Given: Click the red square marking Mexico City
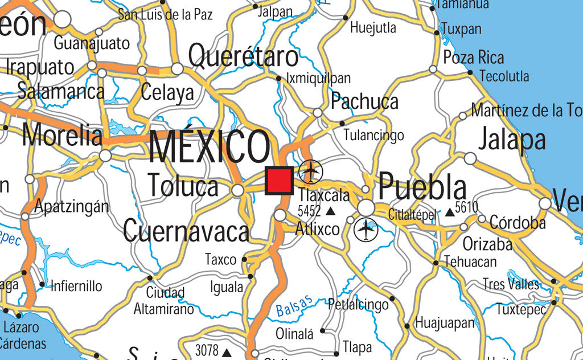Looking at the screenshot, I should point(279,181).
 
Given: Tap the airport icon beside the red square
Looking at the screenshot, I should point(311,171).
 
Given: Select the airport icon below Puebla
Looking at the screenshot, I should point(366,230).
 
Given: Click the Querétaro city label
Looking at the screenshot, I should point(243,57).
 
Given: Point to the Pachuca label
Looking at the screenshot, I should point(364,101).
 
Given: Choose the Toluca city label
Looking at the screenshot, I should point(183,186).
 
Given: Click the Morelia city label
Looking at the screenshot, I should point(63,136).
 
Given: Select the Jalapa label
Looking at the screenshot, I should point(512,140).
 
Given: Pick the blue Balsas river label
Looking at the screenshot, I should point(294,306).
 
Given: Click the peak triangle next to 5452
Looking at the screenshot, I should point(330,212).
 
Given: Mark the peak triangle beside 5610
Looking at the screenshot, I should point(450,212).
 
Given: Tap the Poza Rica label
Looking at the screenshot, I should point(474,58).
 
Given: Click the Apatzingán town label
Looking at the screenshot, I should point(72,206).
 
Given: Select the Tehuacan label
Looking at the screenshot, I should point(470,262).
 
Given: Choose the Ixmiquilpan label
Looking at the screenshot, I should point(319,78).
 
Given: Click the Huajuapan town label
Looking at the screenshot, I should point(445,323).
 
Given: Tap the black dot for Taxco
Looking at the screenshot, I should point(244,259).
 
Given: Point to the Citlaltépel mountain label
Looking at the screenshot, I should point(412,215).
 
